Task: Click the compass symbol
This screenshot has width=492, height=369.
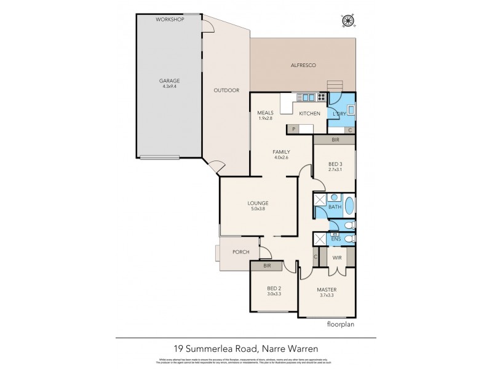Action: [x=349, y=20]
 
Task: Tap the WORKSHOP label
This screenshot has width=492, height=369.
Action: [x=170, y=20]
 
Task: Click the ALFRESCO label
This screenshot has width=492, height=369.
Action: [x=303, y=65]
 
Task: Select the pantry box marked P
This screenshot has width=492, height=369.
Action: [x=294, y=129]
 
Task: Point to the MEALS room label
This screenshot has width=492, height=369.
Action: [x=266, y=113]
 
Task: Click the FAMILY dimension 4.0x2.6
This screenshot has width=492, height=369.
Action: [x=281, y=158]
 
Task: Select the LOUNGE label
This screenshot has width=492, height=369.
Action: [x=258, y=203]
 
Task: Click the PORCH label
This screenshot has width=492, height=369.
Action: [x=240, y=252]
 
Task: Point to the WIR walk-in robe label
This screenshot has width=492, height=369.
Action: [x=337, y=258]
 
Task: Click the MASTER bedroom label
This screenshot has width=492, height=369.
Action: [x=327, y=289]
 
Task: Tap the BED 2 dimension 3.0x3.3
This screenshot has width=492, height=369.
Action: [x=274, y=295]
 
